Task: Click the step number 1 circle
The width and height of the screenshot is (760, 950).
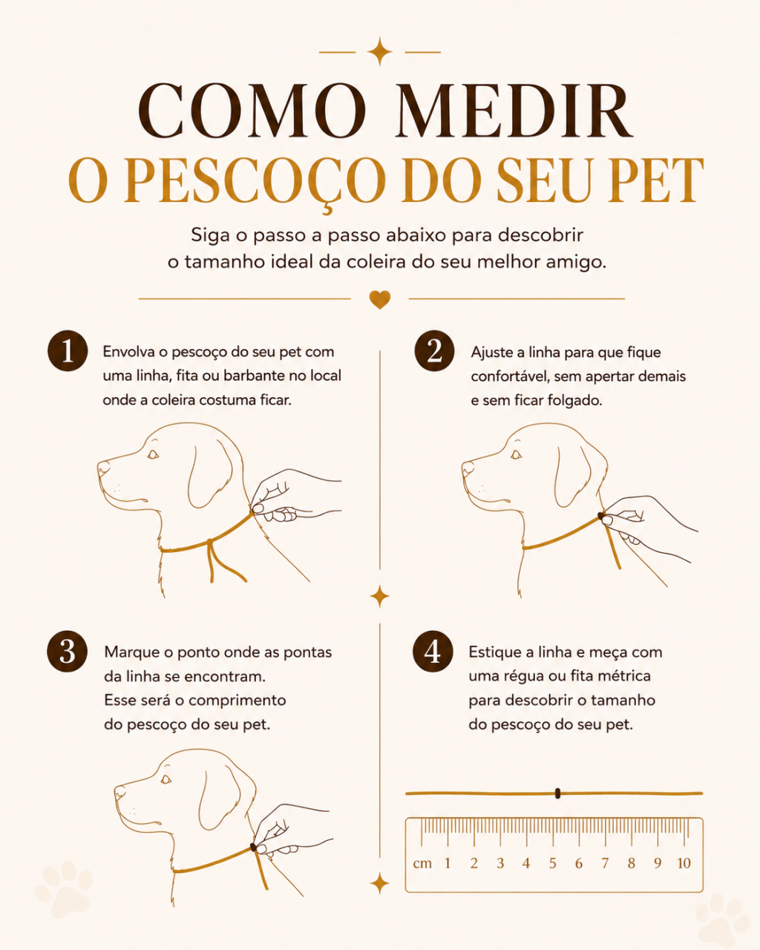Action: tap(68, 350)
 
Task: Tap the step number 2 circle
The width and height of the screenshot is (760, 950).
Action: tap(434, 350)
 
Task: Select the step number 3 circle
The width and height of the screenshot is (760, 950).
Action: tap(67, 651)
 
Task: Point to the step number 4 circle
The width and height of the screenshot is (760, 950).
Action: tap(433, 651)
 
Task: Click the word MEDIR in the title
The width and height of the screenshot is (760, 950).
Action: tap(514, 111)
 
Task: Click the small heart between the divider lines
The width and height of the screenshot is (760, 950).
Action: tap(380, 300)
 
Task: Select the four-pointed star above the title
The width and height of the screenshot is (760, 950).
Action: tap(380, 52)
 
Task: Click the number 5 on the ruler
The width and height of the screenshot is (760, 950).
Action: tap(552, 863)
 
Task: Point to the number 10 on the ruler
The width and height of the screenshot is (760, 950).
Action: tap(684, 863)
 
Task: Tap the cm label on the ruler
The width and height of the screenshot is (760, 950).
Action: tap(422, 863)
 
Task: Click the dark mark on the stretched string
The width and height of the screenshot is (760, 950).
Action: tap(557, 793)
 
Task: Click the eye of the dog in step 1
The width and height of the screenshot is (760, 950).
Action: tap(153, 454)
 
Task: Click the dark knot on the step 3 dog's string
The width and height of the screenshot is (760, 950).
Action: tap(253, 847)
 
